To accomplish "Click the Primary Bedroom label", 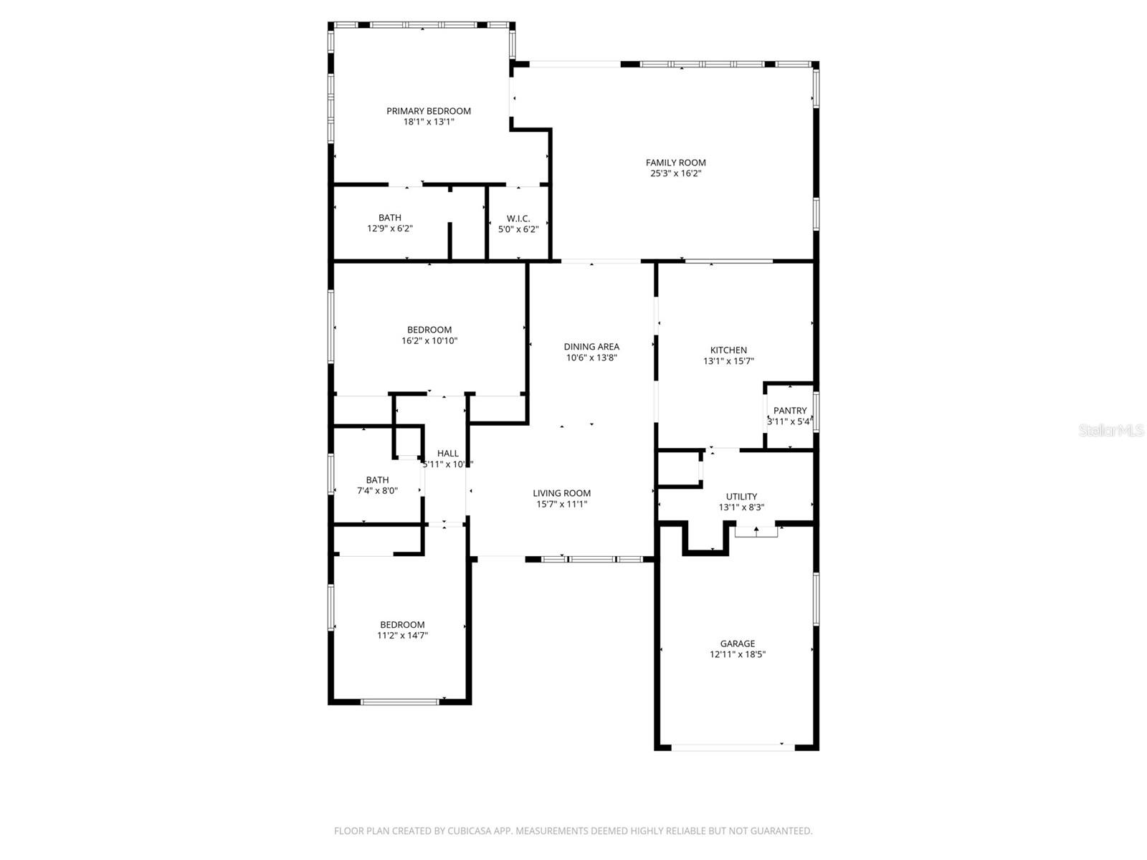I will coord(429,111).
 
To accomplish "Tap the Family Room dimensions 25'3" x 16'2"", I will coord(675,173).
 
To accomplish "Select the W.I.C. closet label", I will coord(518,218).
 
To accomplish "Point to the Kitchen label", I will coord(728,350).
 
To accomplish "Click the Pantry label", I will coord(790,411).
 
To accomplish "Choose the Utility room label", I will coord(741,497).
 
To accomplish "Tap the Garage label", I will coord(738,644).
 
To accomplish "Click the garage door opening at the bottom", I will coord(733,747).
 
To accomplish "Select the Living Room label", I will coord(561,493).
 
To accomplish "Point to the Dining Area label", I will coord(591,347).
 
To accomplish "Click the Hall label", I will coord(448,454).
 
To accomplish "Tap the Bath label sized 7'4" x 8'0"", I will coord(377,480).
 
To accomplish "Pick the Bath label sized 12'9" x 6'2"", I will coord(390,218).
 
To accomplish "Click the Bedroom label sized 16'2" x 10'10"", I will coord(429,330).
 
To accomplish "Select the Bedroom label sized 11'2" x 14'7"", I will coord(402,625).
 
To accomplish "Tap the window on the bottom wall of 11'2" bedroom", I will coord(399,702).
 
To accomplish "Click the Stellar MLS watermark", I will coord(1112,431).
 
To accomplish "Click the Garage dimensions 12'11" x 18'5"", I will coord(738,654).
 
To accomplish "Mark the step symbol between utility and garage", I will coord(756,531).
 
